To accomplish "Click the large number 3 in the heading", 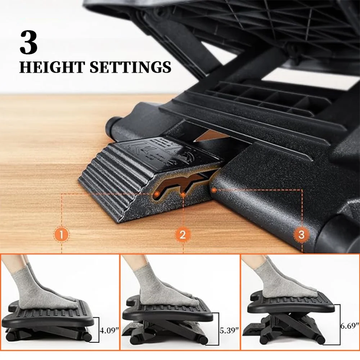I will (x=29, y=44).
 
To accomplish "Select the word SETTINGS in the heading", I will (x=130, y=67).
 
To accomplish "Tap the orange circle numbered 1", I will (x=62, y=235).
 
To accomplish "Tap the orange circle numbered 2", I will (x=183, y=235).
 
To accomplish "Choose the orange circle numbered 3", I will (x=302, y=235).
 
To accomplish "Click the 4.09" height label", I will (x=109, y=331).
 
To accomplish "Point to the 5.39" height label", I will (x=229, y=331).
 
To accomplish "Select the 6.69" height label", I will (x=350, y=326).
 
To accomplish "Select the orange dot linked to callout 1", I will (x=156, y=193).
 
